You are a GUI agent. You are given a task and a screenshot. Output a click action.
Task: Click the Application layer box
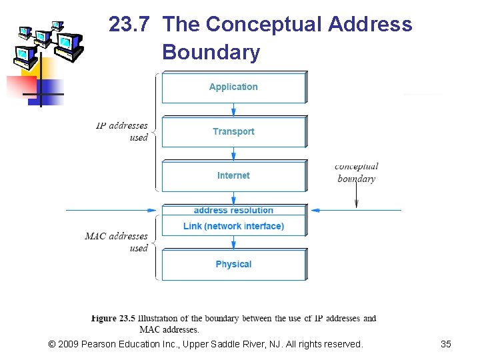click(233, 87)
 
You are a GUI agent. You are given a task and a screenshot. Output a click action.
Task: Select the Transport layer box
click(233, 131)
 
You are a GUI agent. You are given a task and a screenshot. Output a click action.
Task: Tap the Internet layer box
click(233, 175)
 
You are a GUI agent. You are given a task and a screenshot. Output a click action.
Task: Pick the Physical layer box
click(233, 265)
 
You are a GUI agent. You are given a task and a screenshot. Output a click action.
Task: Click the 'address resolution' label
click(233, 211)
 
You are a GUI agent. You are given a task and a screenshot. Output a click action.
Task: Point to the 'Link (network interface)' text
click(233, 227)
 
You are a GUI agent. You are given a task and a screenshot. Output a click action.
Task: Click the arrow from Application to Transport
click(233, 109)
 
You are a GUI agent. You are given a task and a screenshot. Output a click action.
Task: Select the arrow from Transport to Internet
click(233, 154)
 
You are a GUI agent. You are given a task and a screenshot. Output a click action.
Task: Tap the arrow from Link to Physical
click(233, 243)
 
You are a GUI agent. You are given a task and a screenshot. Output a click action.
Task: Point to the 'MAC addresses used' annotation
click(117, 242)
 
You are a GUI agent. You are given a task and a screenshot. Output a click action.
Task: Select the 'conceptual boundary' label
click(356, 172)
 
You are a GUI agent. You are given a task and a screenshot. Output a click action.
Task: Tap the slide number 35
click(446, 344)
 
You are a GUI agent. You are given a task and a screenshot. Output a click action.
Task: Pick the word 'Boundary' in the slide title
click(211, 52)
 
